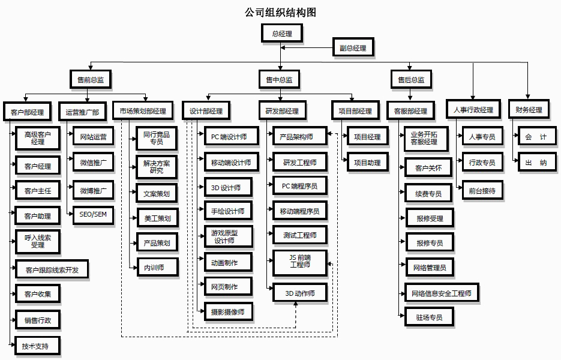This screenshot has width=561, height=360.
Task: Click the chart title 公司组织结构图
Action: coord(280,12)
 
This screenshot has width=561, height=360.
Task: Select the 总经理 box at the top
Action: coord(281,34)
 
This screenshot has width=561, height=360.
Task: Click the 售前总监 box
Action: coord(90,79)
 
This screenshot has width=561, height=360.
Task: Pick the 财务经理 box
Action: coord(528,110)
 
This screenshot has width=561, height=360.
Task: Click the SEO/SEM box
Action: coord(92,214)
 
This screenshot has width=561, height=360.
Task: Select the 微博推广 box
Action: coord(92,191)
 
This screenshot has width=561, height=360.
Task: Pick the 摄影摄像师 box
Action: coord(227,311)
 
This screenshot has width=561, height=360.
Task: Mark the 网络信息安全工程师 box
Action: coord(442,293)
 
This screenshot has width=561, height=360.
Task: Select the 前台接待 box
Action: coord(482,190)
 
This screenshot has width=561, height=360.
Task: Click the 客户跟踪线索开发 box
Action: coord(52,269)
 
